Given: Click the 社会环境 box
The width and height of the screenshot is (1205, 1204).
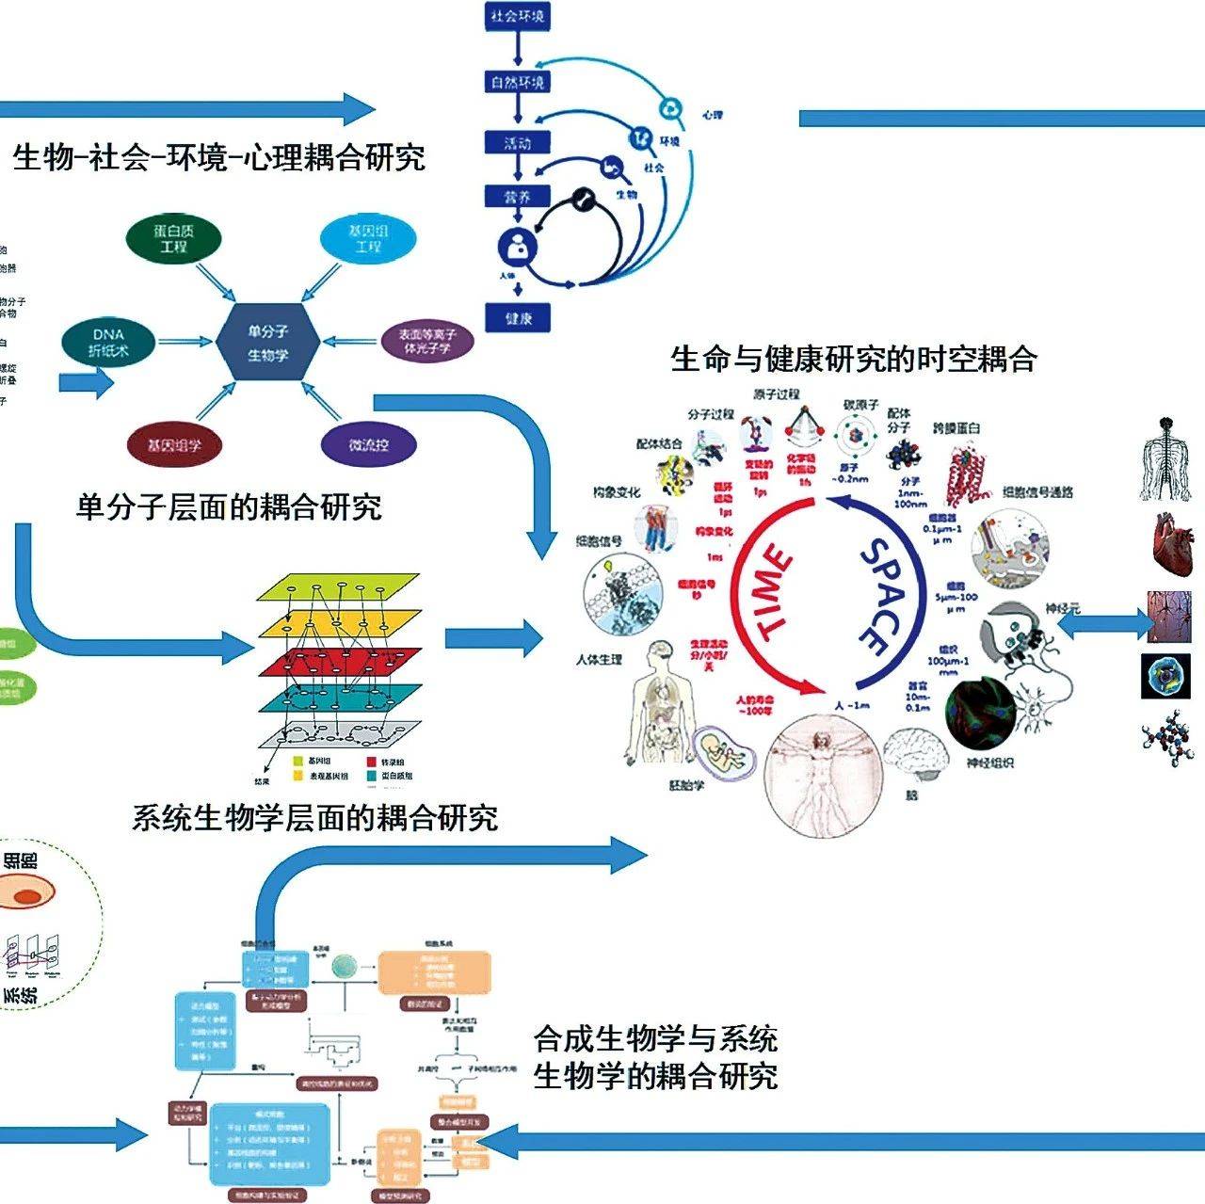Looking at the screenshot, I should click(x=517, y=17).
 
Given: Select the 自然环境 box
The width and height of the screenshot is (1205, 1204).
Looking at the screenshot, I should click(x=517, y=83).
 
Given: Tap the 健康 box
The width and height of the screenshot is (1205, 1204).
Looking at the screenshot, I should click(x=518, y=317).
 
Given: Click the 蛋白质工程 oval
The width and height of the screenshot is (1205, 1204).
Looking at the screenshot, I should click(x=173, y=238).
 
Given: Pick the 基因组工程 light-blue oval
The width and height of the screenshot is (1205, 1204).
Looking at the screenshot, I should click(x=367, y=238).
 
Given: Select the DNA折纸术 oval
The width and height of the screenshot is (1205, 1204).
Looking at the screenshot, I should click(x=108, y=343).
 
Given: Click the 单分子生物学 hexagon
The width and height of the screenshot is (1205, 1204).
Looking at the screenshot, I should click(x=267, y=343).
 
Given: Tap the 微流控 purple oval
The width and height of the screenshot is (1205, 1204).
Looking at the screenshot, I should click(x=368, y=444).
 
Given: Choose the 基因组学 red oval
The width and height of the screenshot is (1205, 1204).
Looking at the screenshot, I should click(x=173, y=444).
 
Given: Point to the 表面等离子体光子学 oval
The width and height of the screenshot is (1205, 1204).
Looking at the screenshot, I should click(x=427, y=341).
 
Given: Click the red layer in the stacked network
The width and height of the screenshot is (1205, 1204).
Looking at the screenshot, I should click(x=340, y=661).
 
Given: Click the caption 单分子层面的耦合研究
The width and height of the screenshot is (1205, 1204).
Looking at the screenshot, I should click(x=229, y=507).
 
